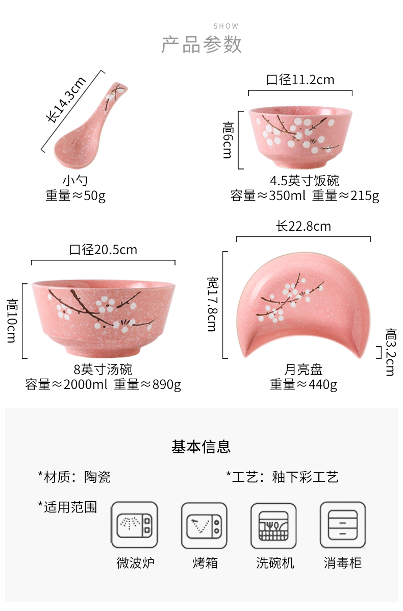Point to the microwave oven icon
(x=135, y=525)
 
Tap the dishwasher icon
(x=274, y=525)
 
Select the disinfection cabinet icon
(x=342, y=525)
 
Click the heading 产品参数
(x=202, y=45)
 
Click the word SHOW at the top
(x=226, y=26)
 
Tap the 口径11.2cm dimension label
(x=300, y=80)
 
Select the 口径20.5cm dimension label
(x=104, y=250)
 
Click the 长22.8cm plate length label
(x=304, y=226)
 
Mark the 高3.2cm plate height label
(x=390, y=352)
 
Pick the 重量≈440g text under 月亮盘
(x=304, y=384)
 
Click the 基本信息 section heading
(x=201, y=447)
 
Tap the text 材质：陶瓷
(x=74, y=477)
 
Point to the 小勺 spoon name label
(x=75, y=181)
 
